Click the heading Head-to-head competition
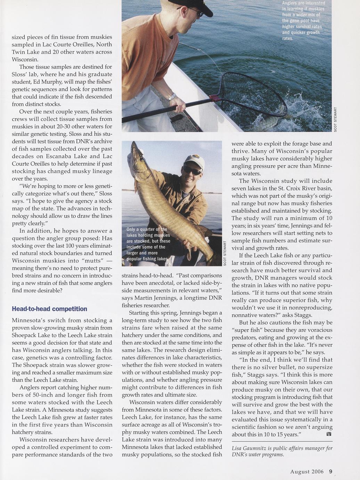49,309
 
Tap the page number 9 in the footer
331,472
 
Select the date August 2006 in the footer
307,472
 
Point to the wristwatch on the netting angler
172,97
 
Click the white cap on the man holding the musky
195,161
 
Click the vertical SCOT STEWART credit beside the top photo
336,119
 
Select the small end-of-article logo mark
329,435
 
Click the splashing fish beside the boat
268,120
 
